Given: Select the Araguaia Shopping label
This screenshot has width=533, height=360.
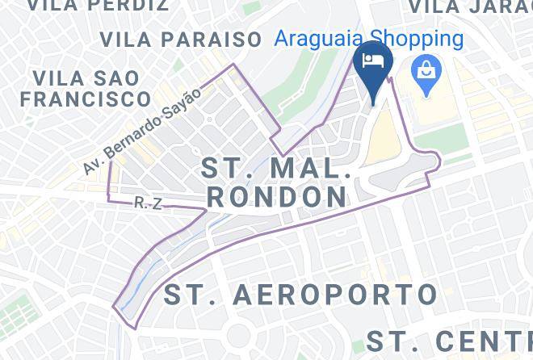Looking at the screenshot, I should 368,39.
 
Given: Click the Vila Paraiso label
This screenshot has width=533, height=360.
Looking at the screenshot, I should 181,40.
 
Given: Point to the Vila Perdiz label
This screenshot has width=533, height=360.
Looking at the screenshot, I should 98,6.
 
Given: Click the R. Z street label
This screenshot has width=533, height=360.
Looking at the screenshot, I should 148,203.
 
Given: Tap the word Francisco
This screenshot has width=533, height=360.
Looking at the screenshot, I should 86,99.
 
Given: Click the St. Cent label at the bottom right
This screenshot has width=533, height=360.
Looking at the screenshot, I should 449,340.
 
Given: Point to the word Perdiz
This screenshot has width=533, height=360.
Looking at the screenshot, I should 131,6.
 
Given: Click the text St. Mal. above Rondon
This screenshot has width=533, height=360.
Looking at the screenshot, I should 275,170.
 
